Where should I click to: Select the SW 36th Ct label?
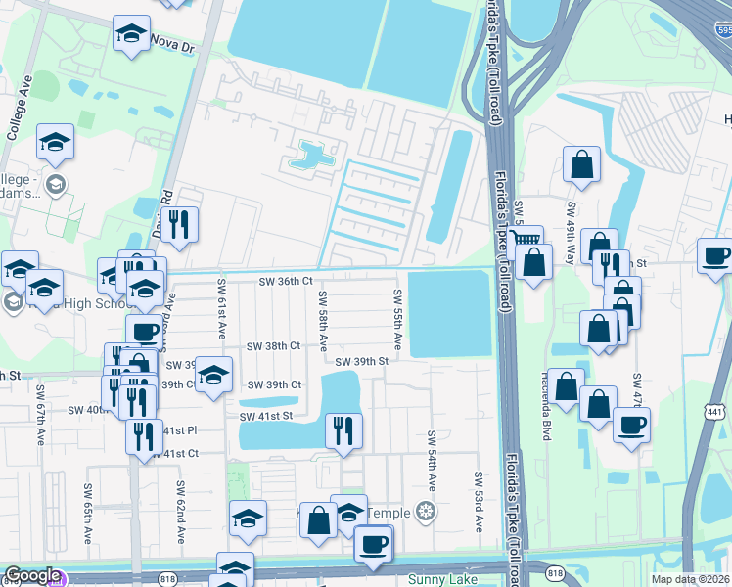click(285, 282)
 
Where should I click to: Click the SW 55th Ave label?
click(398, 320)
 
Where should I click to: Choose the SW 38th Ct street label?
click(273, 346)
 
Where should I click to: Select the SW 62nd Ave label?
click(181, 512)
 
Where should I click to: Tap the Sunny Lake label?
click(441, 579)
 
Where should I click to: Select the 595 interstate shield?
click(722, 31)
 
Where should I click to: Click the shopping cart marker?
click(526, 238)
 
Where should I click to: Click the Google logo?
click(31, 576)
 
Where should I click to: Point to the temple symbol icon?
click(425, 511)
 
